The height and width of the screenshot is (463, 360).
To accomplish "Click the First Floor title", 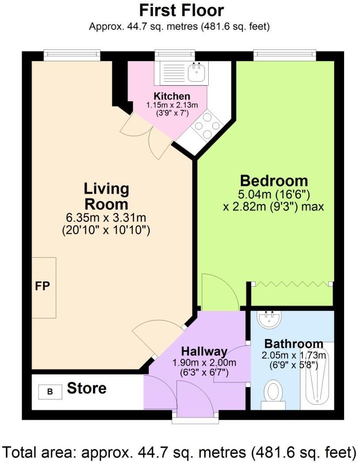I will [181, 10].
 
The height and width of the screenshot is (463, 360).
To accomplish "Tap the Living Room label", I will [106, 196].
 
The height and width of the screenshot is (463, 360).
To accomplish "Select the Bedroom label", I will [274, 181].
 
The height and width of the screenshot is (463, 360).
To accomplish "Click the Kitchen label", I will [172, 96].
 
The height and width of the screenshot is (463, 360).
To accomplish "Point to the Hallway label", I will [204, 352].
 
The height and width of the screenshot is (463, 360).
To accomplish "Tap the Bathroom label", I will [293, 344].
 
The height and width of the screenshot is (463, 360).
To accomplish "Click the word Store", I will [86, 388].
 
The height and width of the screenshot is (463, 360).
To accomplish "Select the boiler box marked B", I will [49, 391].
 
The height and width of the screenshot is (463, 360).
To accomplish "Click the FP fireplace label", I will [43, 286].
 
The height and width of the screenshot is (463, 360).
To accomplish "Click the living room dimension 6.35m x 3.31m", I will [106, 218].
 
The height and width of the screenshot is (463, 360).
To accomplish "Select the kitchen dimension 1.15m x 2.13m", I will [172, 105].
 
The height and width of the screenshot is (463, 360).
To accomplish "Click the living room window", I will [72, 55].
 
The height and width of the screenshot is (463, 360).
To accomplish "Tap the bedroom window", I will [285, 55].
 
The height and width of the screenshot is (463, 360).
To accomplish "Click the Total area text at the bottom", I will [180, 452].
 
